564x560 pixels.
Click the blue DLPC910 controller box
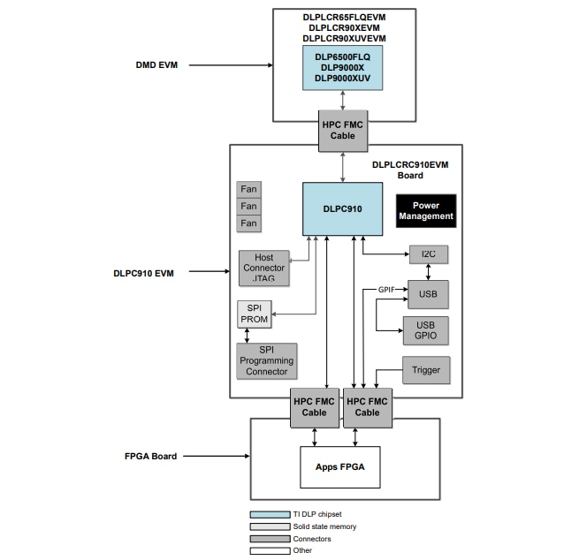tap(342, 208)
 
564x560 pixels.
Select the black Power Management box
tap(426, 211)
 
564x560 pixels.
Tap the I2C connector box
tap(428, 254)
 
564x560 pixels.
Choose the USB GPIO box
tap(425, 329)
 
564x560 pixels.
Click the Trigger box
tap(425, 370)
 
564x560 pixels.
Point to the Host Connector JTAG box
tap(263, 268)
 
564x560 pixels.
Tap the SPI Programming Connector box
tap(266, 360)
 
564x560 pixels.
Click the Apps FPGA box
tap(339, 465)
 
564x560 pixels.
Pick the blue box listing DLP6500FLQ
tap(342, 67)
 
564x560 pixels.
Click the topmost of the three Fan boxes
tap(249, 189)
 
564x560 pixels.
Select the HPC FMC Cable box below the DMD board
tap(342, 130)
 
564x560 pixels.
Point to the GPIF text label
tap(386, 290)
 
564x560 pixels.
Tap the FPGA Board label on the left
tap(150, 456)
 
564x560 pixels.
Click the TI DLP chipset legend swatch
tap(270, 514)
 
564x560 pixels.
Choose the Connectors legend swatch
tap(270, 538)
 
